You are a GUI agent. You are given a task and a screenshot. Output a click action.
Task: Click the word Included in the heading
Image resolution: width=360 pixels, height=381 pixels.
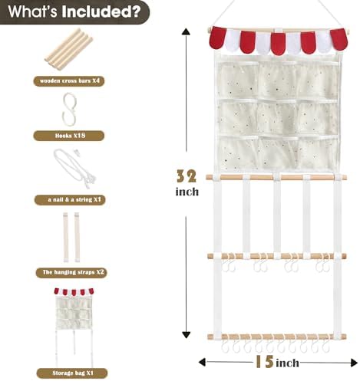101,11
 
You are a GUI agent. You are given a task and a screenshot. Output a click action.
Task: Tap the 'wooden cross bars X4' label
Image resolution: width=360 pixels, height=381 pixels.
69,81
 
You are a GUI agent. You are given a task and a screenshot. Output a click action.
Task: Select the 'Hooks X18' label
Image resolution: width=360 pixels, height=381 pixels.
69,136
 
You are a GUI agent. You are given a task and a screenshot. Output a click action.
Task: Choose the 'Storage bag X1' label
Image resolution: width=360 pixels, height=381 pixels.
72,373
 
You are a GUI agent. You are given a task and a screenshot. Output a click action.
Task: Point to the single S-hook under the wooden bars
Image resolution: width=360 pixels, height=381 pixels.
69,109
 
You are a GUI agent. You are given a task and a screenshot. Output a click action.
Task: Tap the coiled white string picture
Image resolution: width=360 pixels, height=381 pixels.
74,168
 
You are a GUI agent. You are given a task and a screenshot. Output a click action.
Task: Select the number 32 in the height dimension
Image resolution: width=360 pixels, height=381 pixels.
187,176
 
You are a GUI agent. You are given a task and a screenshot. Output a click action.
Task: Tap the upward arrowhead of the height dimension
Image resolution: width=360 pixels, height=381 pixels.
186,31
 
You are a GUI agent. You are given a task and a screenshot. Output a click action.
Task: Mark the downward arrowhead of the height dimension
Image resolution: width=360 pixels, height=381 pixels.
186,335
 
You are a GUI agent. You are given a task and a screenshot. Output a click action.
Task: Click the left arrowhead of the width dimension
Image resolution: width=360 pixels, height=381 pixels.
202,362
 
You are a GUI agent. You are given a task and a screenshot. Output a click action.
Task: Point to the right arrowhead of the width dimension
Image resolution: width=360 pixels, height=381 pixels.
354,363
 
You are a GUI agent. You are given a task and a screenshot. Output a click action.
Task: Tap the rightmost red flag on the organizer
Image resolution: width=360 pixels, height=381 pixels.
339,40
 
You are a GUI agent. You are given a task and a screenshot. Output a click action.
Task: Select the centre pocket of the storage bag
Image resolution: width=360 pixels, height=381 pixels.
278,117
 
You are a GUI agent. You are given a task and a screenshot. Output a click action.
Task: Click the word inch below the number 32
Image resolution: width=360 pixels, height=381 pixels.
187,192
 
